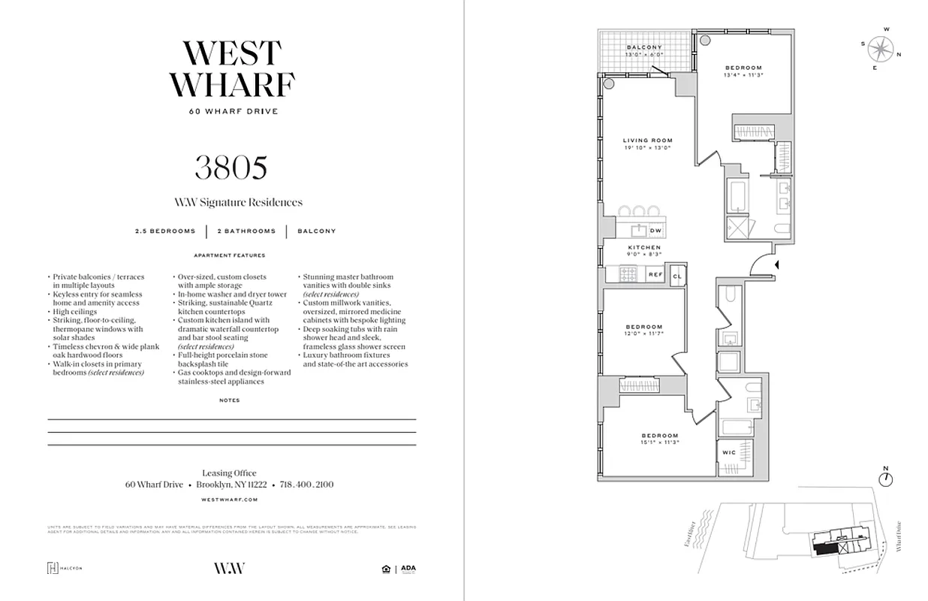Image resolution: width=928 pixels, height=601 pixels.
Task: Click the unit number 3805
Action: pos(230,168)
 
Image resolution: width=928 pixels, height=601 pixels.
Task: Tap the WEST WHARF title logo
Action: pos(231,69)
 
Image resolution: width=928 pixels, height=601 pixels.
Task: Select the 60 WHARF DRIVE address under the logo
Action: pos(231,112)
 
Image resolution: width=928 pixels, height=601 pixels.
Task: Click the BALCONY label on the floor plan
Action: pos(644,47)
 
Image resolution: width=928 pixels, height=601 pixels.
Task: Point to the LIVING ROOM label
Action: pos(647,140)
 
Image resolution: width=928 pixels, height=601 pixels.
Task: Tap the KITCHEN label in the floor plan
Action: pos(644,247)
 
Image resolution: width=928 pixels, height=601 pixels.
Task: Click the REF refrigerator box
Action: pos(655,275)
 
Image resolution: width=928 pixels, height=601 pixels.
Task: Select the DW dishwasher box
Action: pos(655,231)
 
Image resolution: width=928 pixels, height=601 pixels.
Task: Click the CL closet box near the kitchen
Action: pos(677,275)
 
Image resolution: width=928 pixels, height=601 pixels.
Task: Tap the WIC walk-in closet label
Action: pos(728,452)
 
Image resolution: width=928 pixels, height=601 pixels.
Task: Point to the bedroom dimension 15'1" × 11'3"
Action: pos(659,443)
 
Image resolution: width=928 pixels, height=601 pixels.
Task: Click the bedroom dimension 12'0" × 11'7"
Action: pos(645,334)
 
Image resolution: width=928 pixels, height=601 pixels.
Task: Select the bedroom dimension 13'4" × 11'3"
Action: pos(743,75)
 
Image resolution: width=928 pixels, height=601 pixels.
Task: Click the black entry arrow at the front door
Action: pos(778,264)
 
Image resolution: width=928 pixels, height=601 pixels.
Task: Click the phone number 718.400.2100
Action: pos(306,485)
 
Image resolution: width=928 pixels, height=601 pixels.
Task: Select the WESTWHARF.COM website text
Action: pos(230,499)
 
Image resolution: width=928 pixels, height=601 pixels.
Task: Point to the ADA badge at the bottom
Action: pos(408,569)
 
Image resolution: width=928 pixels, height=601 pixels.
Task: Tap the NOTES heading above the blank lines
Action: pos(230,400)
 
